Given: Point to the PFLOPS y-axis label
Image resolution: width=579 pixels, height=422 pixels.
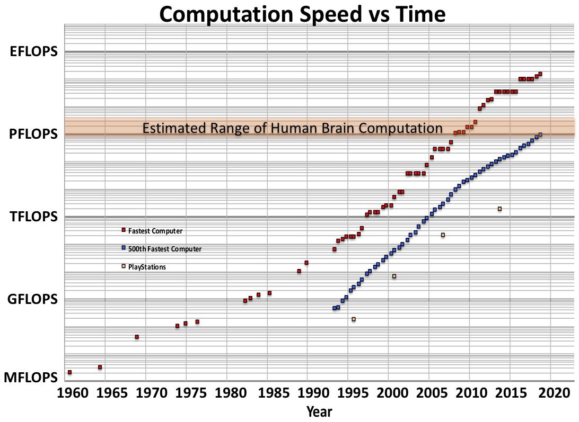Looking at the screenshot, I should pos(33,134).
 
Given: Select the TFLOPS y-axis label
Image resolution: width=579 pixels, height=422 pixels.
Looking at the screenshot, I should pos(33,217).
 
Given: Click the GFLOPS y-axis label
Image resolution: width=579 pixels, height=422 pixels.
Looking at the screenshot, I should pos(32,300).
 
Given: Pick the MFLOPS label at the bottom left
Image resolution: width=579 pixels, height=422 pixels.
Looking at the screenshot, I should pos(30,378).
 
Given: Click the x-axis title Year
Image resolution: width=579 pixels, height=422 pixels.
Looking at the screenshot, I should pos(320,411).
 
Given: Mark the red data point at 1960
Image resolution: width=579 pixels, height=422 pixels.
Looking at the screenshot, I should pos(69,372).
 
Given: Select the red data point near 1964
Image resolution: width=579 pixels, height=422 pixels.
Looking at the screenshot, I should pos(100,367).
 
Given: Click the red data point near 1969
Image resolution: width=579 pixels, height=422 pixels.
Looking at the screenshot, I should pos(137,337).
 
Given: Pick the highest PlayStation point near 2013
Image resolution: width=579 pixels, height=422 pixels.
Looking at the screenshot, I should pos(499,209).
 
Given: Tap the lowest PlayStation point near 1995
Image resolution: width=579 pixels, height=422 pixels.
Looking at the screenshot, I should pos(354,319).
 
